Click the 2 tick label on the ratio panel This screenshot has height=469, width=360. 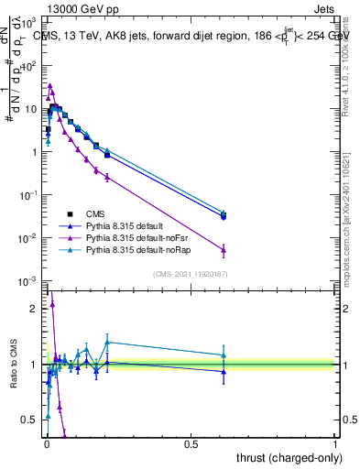(34, 309)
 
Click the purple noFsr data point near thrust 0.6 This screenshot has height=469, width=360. (224, 249)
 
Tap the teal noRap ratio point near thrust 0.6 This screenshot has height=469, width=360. (224, 355)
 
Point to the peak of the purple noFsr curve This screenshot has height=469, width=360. (49, 85)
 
